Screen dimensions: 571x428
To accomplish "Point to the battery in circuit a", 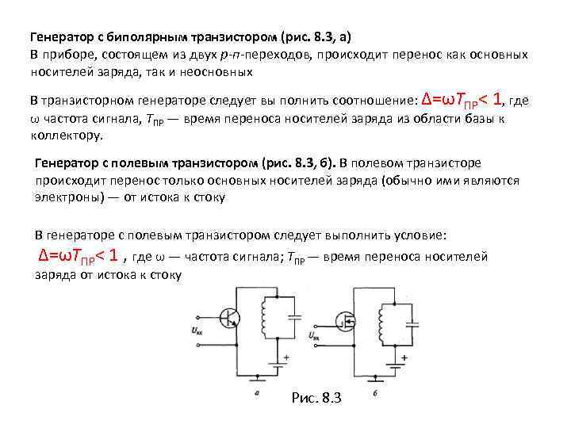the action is point(277,365).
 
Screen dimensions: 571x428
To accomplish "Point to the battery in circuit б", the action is point(395,367).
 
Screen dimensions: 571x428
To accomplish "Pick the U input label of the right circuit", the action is point(316,335).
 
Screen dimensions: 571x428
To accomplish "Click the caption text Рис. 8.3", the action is point(316,398).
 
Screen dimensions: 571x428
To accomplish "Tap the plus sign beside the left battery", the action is point(286,357).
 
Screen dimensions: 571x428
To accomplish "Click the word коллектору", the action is point(66,135).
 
